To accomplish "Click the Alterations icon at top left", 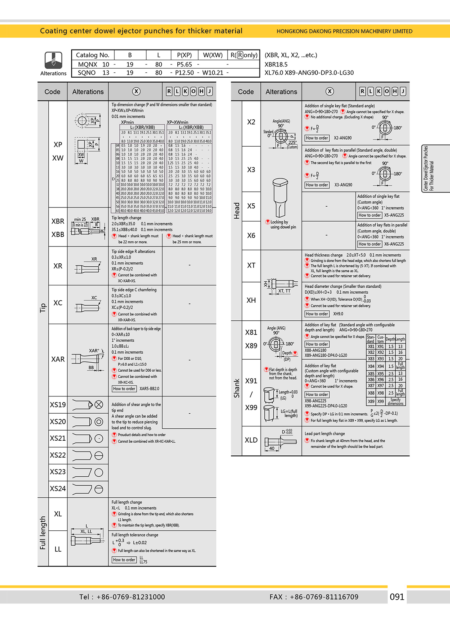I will coord(53,60).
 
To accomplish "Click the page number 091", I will coord(397,597).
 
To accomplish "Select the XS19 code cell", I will coord(58,405).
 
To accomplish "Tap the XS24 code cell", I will coord(58,489).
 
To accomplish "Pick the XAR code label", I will coord(58,359).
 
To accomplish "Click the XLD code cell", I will coord(251,440).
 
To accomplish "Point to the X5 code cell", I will coord(251,206).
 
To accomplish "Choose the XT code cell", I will coord(251,266).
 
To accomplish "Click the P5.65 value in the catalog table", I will coord(184,65).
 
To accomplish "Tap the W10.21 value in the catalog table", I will coord(213,73).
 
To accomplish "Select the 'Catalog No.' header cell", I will coord(93,55).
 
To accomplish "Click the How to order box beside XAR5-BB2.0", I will coord(124,389).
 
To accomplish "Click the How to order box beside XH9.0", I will coord(317,314).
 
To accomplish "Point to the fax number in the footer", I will coord(314,597).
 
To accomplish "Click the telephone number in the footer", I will coord(122,597).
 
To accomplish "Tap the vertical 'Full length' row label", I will coord(43,533).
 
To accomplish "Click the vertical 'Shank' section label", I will coord(237,388).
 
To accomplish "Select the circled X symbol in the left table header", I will coord(136,92).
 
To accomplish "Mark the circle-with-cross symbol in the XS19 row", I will coord(99,405).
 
